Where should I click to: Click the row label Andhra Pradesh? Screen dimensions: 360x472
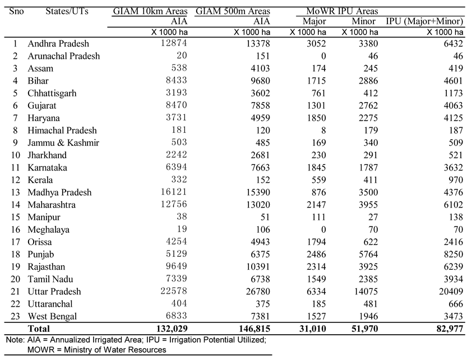[x=58, y=44]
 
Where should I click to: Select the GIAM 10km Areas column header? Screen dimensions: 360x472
[x=151, y=11]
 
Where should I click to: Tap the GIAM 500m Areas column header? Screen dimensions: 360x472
[x=233, y=11]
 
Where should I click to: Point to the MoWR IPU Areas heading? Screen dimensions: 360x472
[x=342, y=11]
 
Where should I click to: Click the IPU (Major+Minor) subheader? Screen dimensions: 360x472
[x=424, y=21]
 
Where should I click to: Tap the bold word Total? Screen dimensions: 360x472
[x=39, y=329]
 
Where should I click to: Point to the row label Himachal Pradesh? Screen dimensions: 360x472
[x=62, y=131]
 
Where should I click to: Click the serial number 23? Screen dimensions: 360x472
[x=15, y=316]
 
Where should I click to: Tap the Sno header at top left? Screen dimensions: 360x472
[x=15, y=11]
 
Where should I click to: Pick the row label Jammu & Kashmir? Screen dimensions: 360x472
[x=63, y=143]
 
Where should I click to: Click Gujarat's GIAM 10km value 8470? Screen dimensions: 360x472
[x=177, y=106]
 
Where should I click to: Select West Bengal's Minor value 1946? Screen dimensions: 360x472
[x=368, y=316]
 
